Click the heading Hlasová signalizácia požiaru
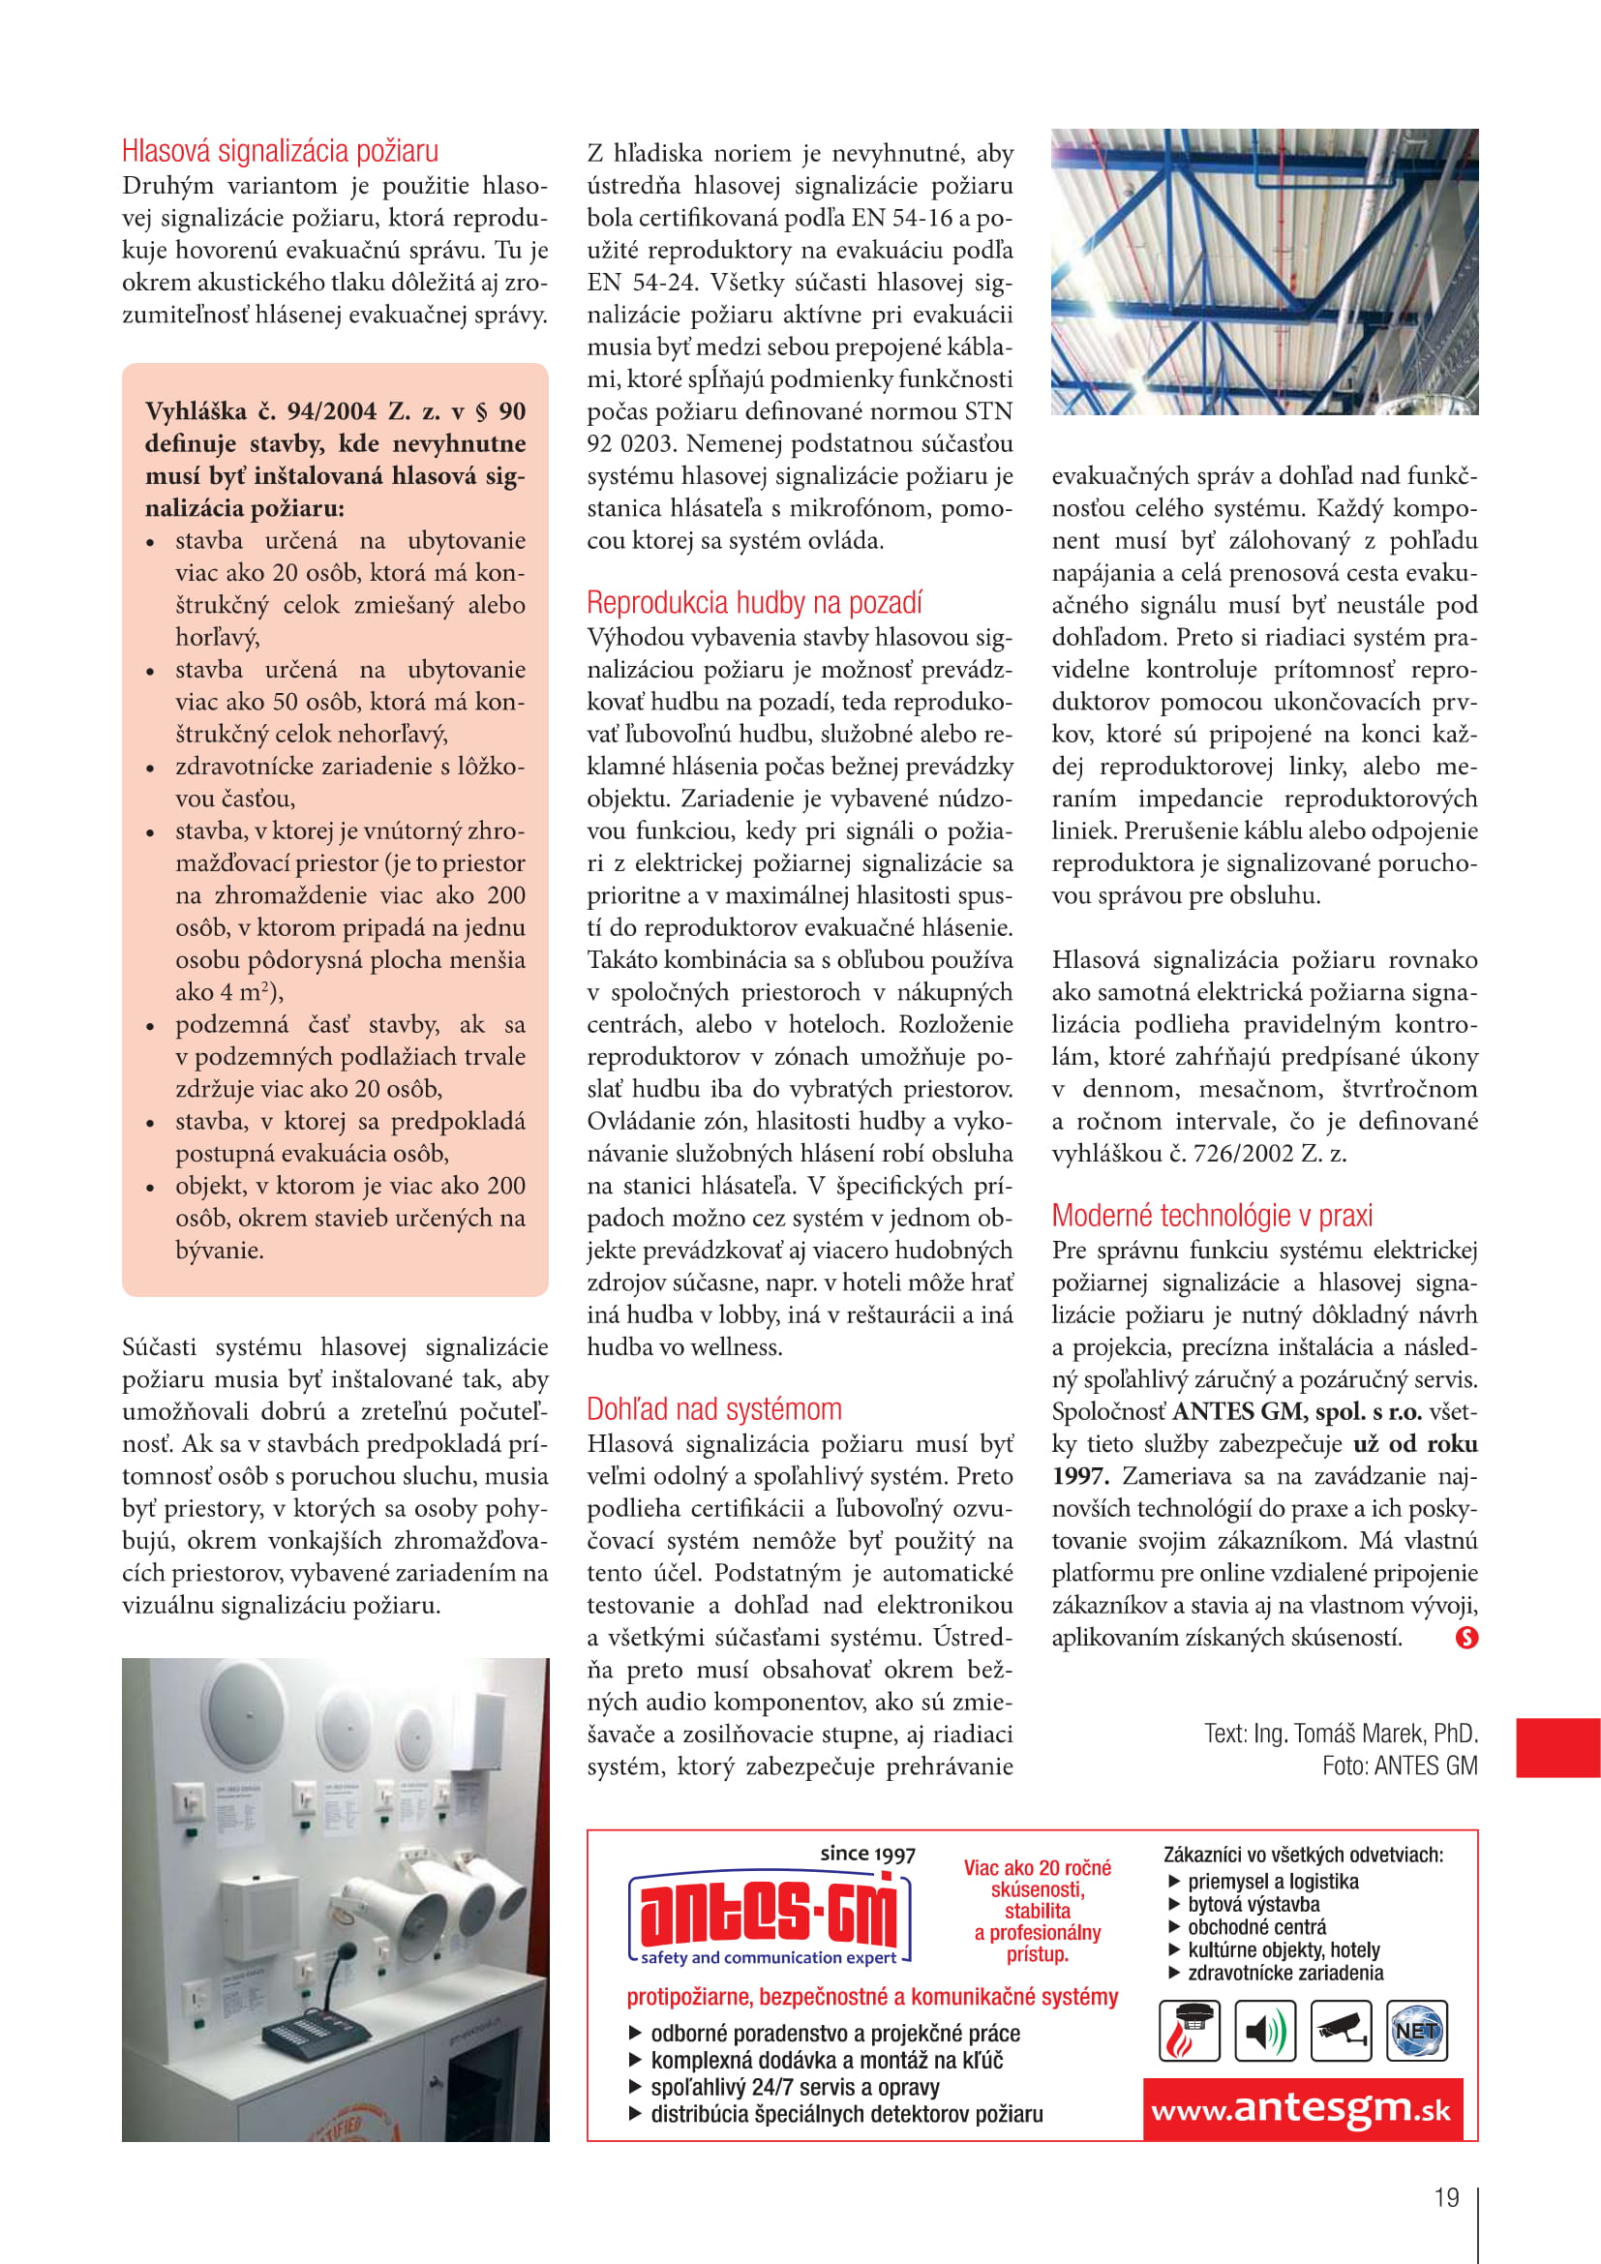280,151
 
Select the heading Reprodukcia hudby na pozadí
754,602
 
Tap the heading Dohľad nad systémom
713,1409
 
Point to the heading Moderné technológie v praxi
1212,1216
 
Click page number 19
1446,2197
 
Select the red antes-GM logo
768,1915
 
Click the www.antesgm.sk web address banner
1300,2108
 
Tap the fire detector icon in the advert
1188,2032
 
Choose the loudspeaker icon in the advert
1265,2032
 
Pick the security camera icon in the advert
1341,2032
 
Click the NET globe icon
1417,2032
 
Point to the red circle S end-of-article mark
1466,1638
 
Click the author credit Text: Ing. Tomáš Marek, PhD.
1340,1734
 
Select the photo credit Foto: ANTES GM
1399,1766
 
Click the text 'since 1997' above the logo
867,1854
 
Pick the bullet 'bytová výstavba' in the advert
1253,1905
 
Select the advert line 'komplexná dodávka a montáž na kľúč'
826,2060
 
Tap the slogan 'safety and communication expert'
768,1958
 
